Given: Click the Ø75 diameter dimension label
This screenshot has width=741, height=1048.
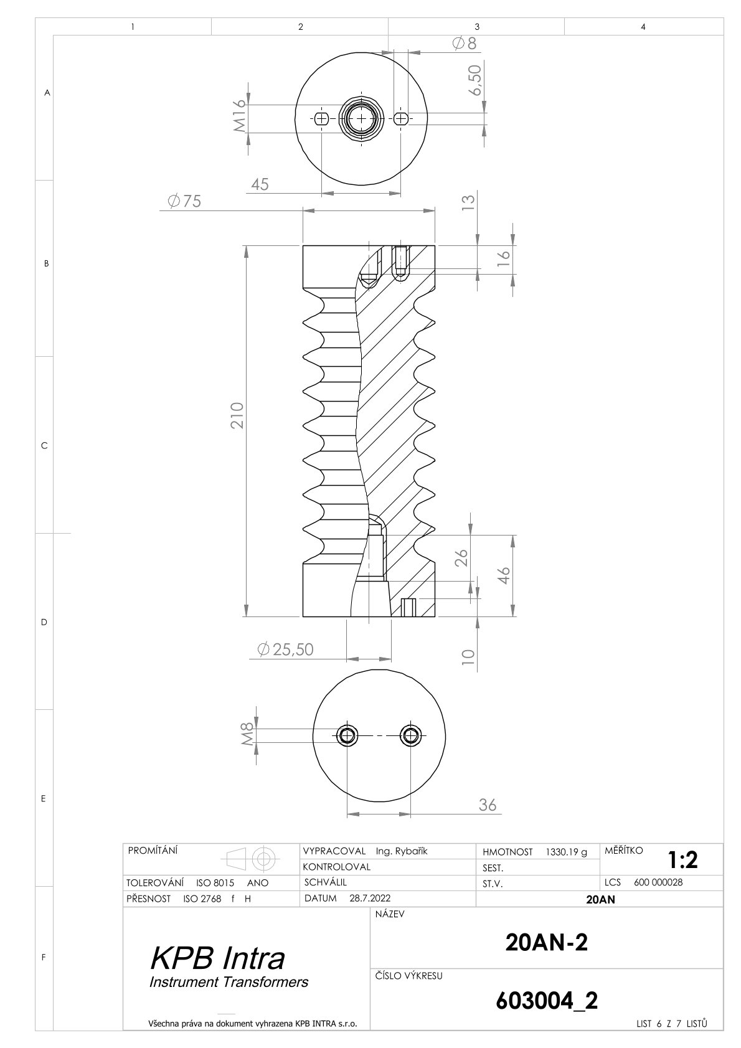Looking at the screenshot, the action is (x=184, y=201).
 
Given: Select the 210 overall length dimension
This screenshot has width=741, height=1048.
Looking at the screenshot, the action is (x=237, y=415).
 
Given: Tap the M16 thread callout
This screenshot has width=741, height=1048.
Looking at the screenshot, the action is (x=239, y=116).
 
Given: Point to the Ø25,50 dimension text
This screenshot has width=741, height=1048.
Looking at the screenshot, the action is (x=285, y=649).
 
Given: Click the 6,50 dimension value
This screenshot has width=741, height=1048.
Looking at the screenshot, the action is (x=475, y=80).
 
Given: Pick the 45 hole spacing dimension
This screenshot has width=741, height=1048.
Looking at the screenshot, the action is (x=260, y=184).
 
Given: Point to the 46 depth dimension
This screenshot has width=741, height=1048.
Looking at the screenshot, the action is (x=503, y=575).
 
